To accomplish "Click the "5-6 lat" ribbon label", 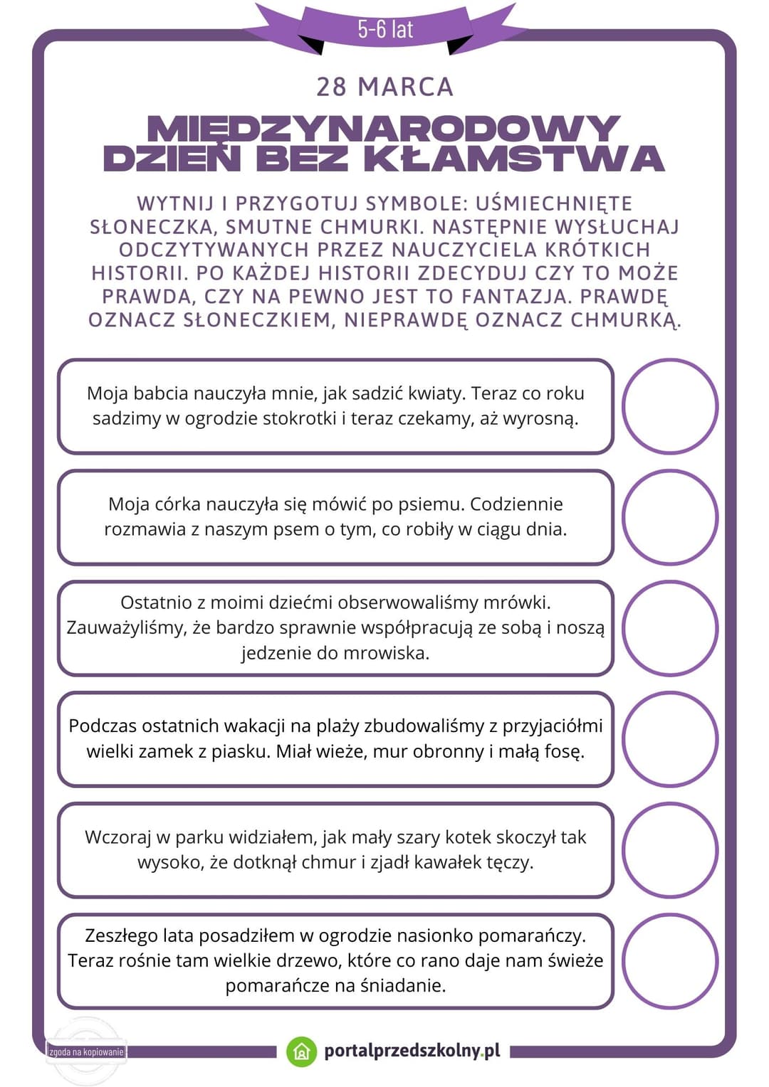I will point(385,29).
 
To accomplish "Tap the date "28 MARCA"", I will point(384,87).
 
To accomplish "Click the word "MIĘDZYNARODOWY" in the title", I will point(384,128).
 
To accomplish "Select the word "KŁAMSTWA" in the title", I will point(514,158).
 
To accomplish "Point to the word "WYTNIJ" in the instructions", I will point(175,203).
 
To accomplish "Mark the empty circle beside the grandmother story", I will point(669,406).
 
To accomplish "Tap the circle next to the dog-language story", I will point(669,517).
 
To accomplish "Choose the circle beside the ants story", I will point(669,628).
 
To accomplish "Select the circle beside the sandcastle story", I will point(669,739).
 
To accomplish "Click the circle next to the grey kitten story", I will point(669,850).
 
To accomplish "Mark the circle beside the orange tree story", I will point(669,961).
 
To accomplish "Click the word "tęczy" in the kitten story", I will point(510,862).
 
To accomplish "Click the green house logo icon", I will point(301,1051).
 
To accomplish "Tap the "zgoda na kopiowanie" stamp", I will point(86,1051).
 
